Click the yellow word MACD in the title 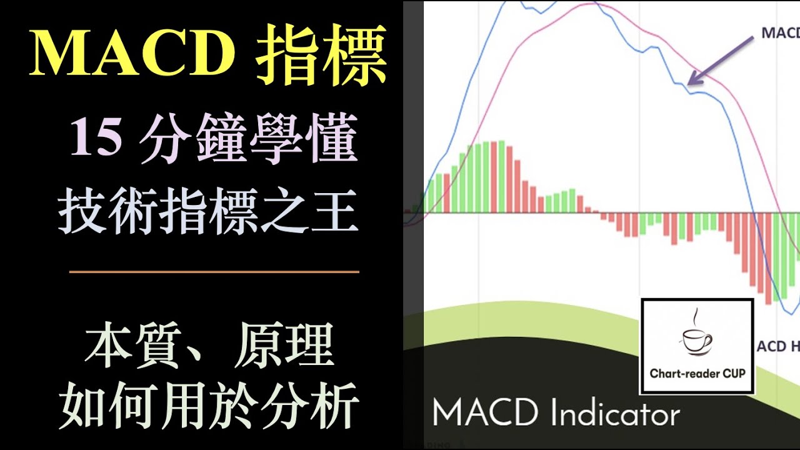click(x=132, y=54)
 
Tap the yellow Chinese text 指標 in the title click(x=321, y=54)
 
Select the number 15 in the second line click(x=96, y=139)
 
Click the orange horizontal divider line click(x=214, y=272)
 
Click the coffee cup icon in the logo click(x=696, y=341)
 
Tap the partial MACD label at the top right click(x=780, y=33)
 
